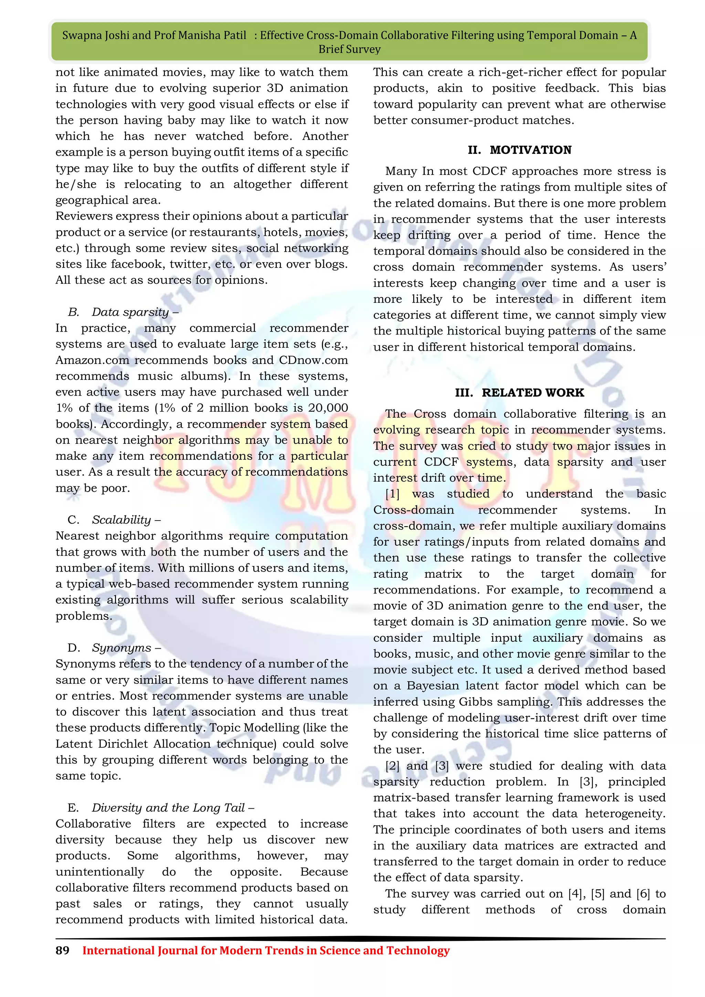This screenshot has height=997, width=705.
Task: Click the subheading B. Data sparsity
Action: pyautogui.click(x=123, y=312)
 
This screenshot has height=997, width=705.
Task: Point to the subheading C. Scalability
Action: pyautogui.click(x=114, y=520)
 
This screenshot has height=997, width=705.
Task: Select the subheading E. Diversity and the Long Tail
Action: pyautogui.click(x=161, y=808)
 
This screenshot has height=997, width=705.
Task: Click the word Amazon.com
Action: pyautogui.click(x=93, y=360)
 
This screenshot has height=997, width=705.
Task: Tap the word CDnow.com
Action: pyautogui.click(x=314, y=360)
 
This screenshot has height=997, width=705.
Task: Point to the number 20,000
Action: pyautogui.click(x=328, y=408)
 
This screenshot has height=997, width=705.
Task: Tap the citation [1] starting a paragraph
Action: pyautogui.click(x=392, y=494)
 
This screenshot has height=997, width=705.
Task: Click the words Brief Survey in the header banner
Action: pyautogui.click(x=349, y=49)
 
